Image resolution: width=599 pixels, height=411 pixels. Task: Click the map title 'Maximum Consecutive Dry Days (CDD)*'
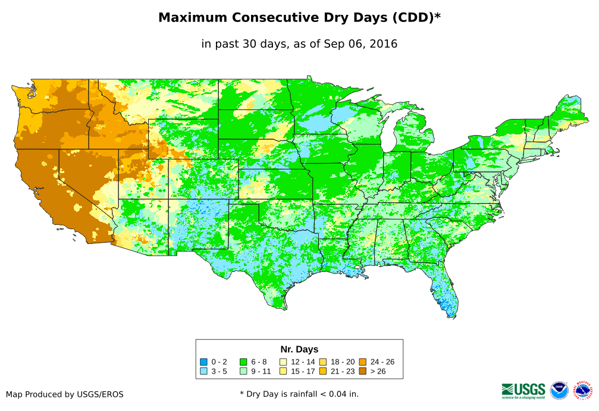299,18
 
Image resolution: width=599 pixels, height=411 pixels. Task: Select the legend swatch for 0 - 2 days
203,362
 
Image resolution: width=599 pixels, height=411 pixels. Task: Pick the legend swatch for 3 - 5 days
203,371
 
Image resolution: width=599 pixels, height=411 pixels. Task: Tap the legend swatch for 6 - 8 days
243,362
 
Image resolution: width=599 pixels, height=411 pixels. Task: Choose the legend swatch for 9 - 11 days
243,371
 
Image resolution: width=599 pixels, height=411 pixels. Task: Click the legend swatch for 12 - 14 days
283,362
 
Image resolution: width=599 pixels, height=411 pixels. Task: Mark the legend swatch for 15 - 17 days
283,371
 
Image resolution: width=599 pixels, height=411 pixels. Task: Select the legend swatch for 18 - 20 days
323,362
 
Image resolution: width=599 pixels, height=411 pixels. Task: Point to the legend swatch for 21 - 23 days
323,371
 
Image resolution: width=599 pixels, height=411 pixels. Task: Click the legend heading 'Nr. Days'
299,349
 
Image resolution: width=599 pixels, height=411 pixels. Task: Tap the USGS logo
523,390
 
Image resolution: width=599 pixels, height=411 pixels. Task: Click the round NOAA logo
559,390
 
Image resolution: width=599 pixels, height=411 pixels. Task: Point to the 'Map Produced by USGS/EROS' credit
65,394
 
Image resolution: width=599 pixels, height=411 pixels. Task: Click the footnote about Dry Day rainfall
299,394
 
